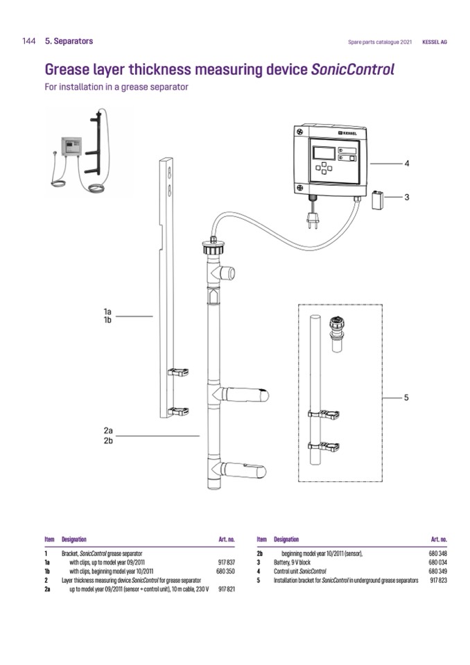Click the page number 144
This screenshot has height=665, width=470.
click(28, 42)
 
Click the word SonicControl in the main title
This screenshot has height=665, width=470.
click(353, 69)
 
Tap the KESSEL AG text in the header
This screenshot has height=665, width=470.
click(434, 42)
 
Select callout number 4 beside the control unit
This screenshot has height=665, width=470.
click(407, 164)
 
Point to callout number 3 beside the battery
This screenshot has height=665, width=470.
click(407, 197)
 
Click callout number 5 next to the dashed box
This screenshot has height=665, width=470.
click(407, 398)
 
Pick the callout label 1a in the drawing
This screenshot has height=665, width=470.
click(107, 312)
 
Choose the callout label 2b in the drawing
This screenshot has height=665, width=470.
click(107, 440)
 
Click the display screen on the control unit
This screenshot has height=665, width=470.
click(324, 153)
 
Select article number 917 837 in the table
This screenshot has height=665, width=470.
click(226, 562)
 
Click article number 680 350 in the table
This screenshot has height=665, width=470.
click(226, 571)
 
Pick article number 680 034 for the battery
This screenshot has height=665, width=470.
click(438, 562)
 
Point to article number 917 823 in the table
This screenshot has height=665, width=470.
click(438, 580)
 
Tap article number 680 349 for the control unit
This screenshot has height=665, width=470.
click(438, 571)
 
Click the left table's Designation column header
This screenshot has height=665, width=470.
click(74, 539)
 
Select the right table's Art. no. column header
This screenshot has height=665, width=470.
click(439, 539)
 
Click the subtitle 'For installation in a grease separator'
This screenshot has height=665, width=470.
click(116, 87)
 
